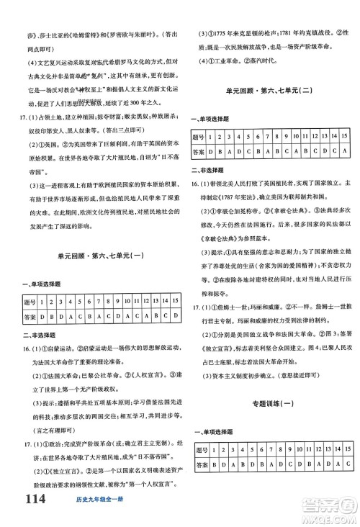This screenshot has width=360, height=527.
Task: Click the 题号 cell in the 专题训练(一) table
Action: coord(199,449)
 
